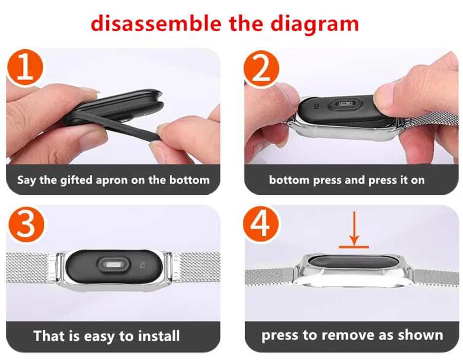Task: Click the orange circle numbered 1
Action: tap(25, 68)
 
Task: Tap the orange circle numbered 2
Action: tap(261, 69)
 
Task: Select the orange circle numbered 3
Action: tap(26, 224)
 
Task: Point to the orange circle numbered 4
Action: tap(261, 224)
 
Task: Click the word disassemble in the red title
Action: tap(156, 23)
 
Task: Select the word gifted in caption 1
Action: tap(77, 180)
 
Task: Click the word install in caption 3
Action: tap(159, 336)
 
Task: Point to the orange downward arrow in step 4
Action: tap(354, 229)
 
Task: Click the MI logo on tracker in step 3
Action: tap(143, 266)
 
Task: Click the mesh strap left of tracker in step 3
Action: tap(29, 267)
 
